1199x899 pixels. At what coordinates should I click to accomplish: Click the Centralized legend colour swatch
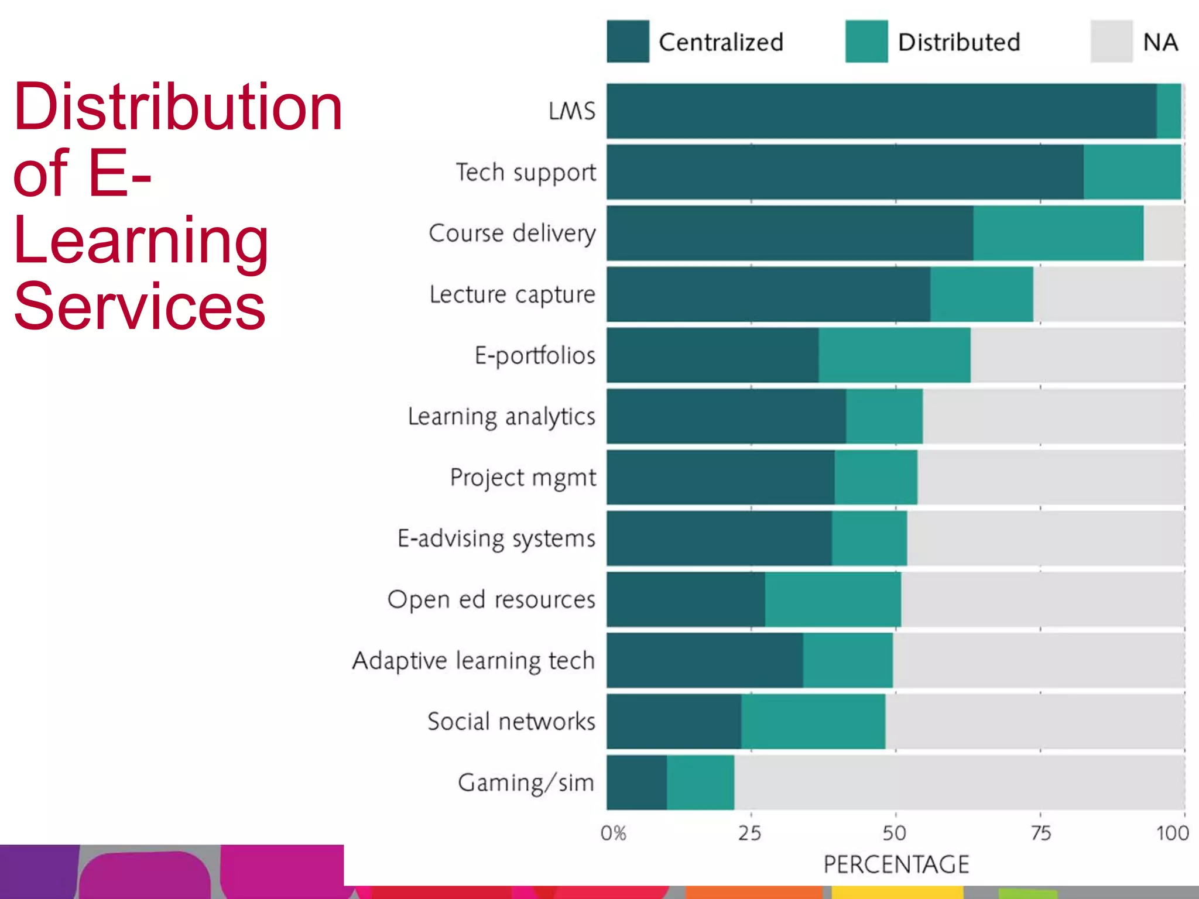tap(628, 42)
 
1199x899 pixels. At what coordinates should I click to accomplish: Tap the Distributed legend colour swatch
tap(866, 42)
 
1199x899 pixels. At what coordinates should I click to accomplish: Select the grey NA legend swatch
tap(1111, 42)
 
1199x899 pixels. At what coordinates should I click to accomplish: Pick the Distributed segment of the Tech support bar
tap(1132, 172)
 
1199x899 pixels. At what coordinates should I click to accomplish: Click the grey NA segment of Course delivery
tap(1163, 233)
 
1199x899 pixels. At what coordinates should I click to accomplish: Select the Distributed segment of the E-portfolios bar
tap(894, 355)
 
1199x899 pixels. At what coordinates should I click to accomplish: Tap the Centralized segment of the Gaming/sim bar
tap(636, 783)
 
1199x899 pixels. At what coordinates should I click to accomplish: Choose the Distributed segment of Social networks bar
tap(813, 722)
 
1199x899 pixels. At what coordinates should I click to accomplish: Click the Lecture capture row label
tap(512, 294)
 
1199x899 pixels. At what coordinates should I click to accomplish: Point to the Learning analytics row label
tap(501, 417)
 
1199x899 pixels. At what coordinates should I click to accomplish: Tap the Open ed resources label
tap(491, 600)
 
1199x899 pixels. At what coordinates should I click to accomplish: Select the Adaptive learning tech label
tap(473, 661)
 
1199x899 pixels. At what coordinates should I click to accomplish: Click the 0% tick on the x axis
tap(613, 833)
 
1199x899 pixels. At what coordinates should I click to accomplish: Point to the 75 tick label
tap(1040, 833)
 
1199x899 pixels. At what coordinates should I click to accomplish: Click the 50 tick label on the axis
tap(895, 833)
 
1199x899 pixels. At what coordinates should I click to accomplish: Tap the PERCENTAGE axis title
tap(896, 864)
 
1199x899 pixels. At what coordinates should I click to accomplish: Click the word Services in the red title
tap(139, 306)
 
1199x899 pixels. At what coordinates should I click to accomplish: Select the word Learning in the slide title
tap(141, 240)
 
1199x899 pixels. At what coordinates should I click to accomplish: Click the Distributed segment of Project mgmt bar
tap(875, 478)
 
